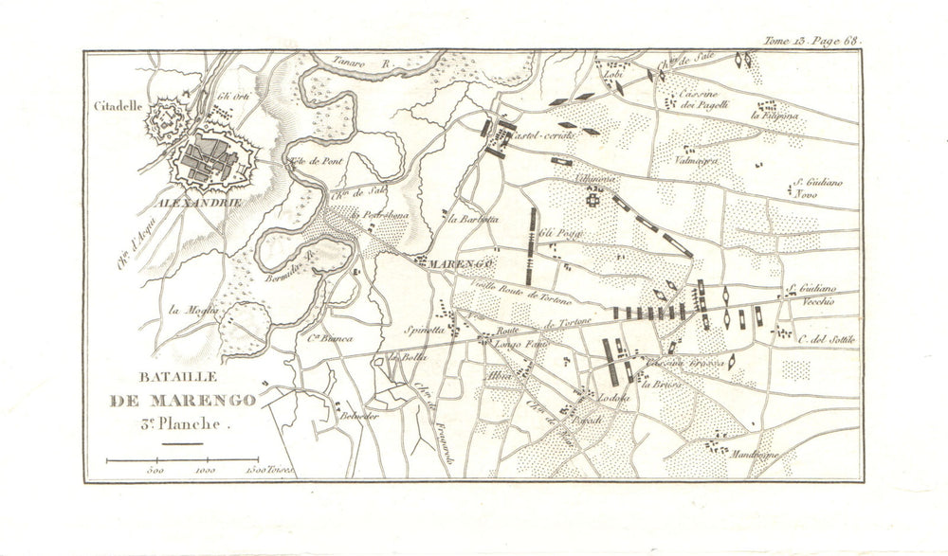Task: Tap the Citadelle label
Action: coord(118,106)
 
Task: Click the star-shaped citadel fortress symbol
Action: coord(167,120)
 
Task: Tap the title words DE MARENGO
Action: coord(183,401)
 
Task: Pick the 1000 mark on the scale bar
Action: coord(203,469)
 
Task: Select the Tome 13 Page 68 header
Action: coord(813,40)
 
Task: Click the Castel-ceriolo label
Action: coord(541,138)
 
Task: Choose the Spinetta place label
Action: coord(426,332)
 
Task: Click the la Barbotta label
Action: coord(474,220)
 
